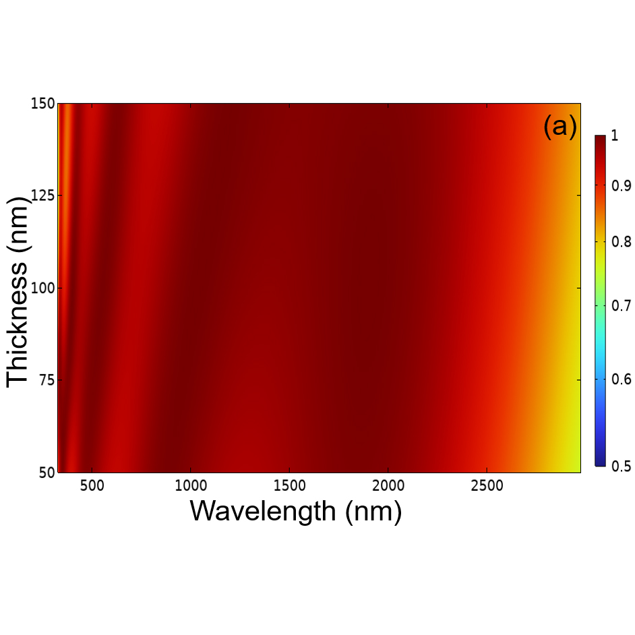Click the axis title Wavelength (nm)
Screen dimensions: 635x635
[x=295, y=511]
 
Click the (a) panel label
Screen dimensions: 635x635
[x=560, y=127]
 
